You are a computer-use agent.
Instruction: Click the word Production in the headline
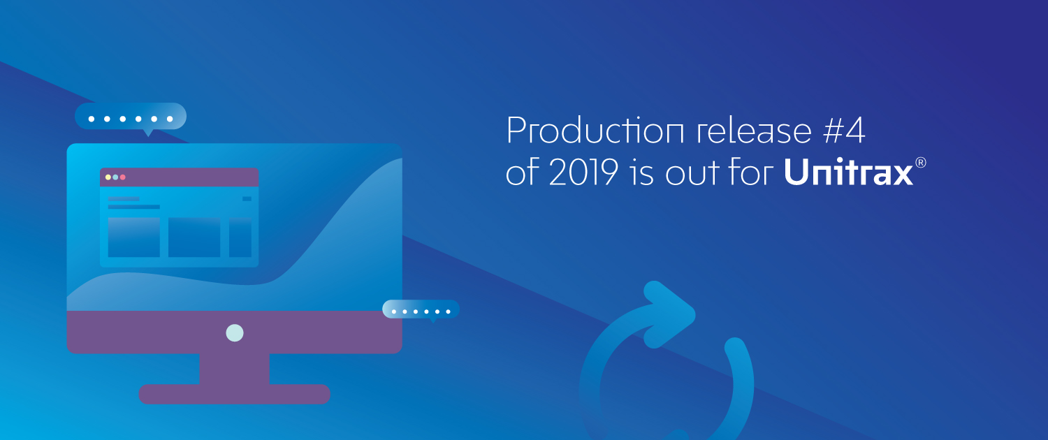pos(595,130)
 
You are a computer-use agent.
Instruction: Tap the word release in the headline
pos(754,130)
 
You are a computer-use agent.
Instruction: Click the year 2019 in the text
pos(584,172)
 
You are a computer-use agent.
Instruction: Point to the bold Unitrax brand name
pos(848,172)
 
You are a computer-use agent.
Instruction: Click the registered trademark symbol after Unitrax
pos(920,162)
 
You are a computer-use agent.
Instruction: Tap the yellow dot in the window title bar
pos(108,177)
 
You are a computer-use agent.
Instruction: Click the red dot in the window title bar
pos(122,177)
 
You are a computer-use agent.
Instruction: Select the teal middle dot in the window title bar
pos(115,177)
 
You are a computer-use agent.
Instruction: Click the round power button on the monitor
pos(234,333)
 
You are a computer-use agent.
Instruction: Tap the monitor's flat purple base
pos(234,394)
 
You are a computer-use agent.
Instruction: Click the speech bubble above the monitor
pos(131,117)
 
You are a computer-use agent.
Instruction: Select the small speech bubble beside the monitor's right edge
pos(421,310)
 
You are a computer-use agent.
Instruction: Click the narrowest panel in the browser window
pos(240,237)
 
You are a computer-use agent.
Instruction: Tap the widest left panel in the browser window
pos(134,237)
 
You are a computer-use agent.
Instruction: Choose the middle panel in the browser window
pos(194,237)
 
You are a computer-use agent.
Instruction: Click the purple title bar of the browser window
pos(179,177)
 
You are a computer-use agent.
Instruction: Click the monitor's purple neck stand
pos(234,369)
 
